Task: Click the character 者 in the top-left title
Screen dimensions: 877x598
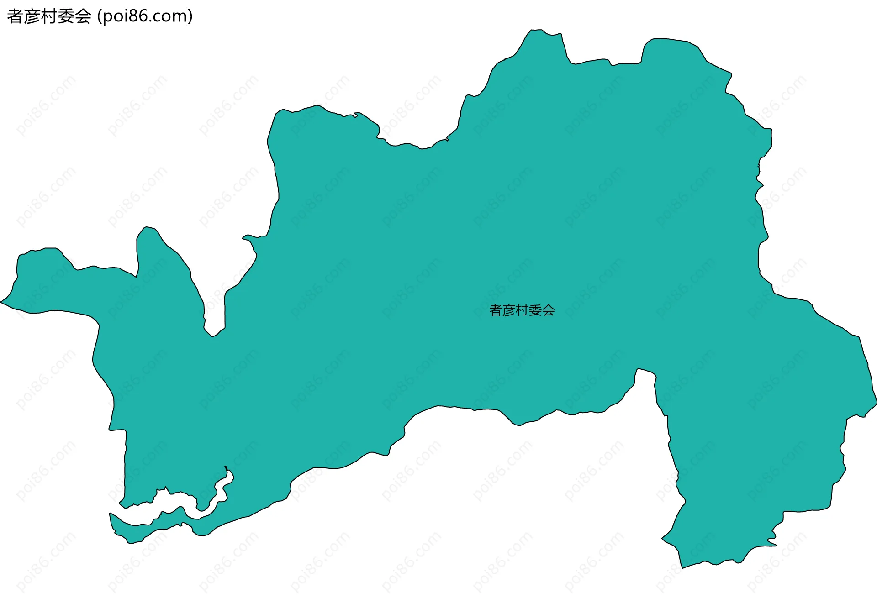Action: click(15, 16)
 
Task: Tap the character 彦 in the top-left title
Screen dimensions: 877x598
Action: click(32, 16)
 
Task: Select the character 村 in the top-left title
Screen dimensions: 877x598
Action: click(49, 16)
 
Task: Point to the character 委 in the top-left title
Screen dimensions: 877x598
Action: click(66, 16)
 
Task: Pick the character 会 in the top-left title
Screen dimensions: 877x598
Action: click(83, 16)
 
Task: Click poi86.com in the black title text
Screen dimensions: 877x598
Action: click(145, 16)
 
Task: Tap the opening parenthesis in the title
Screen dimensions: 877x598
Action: click(100, 16)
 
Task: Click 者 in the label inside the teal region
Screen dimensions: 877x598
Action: click(496, 310)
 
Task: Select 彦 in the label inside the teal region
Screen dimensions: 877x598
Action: click(509, 310)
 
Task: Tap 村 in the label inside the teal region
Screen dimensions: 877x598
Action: click(522, 310)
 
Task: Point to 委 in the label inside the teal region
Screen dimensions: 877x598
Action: click(535, 310)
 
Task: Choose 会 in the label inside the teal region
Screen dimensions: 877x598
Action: click(549, 310)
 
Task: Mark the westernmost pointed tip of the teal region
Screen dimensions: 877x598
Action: click(1, 302)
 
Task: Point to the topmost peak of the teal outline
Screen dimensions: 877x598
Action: click(537, 30)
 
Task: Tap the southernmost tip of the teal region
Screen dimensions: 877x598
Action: click(682, 567)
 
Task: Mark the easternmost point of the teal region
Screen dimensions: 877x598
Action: click(876, 402)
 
